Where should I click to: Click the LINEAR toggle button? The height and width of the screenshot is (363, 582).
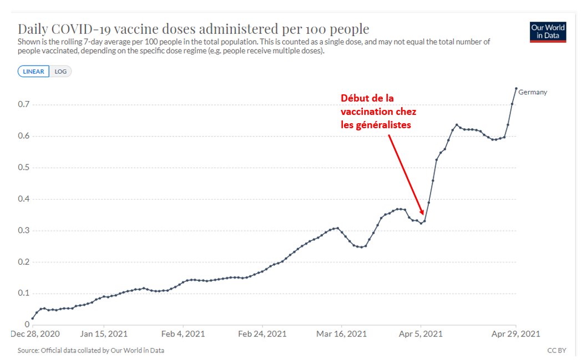point(34,72)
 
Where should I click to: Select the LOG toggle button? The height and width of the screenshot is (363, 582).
point(60,72)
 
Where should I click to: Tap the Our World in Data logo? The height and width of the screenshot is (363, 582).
point(548,33)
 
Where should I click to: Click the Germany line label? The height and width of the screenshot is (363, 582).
point(533,92)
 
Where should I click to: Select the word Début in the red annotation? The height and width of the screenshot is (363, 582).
point(354,98)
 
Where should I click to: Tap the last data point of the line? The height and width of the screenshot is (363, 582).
point(516,88)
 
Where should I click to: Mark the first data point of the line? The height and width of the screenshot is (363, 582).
point(33,318)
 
